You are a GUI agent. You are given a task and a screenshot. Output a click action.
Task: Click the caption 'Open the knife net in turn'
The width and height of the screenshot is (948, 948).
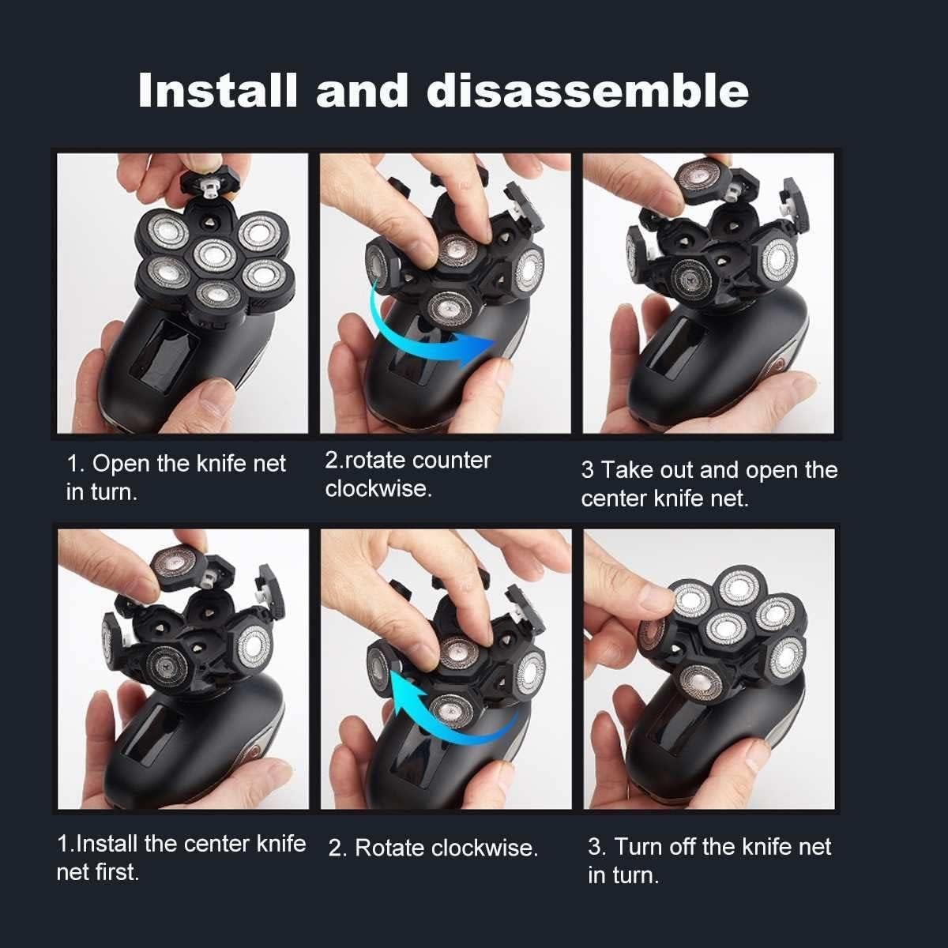[x=175, y=477]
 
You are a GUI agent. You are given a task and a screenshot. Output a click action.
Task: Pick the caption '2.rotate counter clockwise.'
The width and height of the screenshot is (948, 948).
[x=408, y=474]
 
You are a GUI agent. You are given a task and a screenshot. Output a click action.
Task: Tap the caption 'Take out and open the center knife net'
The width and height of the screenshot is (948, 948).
[x=709, y=483]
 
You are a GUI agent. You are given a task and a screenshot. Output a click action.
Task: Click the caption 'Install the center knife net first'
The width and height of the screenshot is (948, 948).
[x=181, y=857]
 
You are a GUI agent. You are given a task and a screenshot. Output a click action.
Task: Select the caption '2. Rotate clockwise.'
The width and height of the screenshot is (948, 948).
[x=433, y=848]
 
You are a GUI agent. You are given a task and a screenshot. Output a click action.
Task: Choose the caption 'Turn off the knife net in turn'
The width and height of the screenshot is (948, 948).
[x=709, y=860]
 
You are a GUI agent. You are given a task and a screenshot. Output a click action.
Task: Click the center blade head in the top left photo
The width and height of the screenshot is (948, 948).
[x=213, y=254]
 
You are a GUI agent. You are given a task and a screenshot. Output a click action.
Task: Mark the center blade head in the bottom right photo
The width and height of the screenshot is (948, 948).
[x=726, y=628]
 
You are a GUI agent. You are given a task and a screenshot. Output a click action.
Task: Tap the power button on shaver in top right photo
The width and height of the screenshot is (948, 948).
[x=782, y=366]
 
